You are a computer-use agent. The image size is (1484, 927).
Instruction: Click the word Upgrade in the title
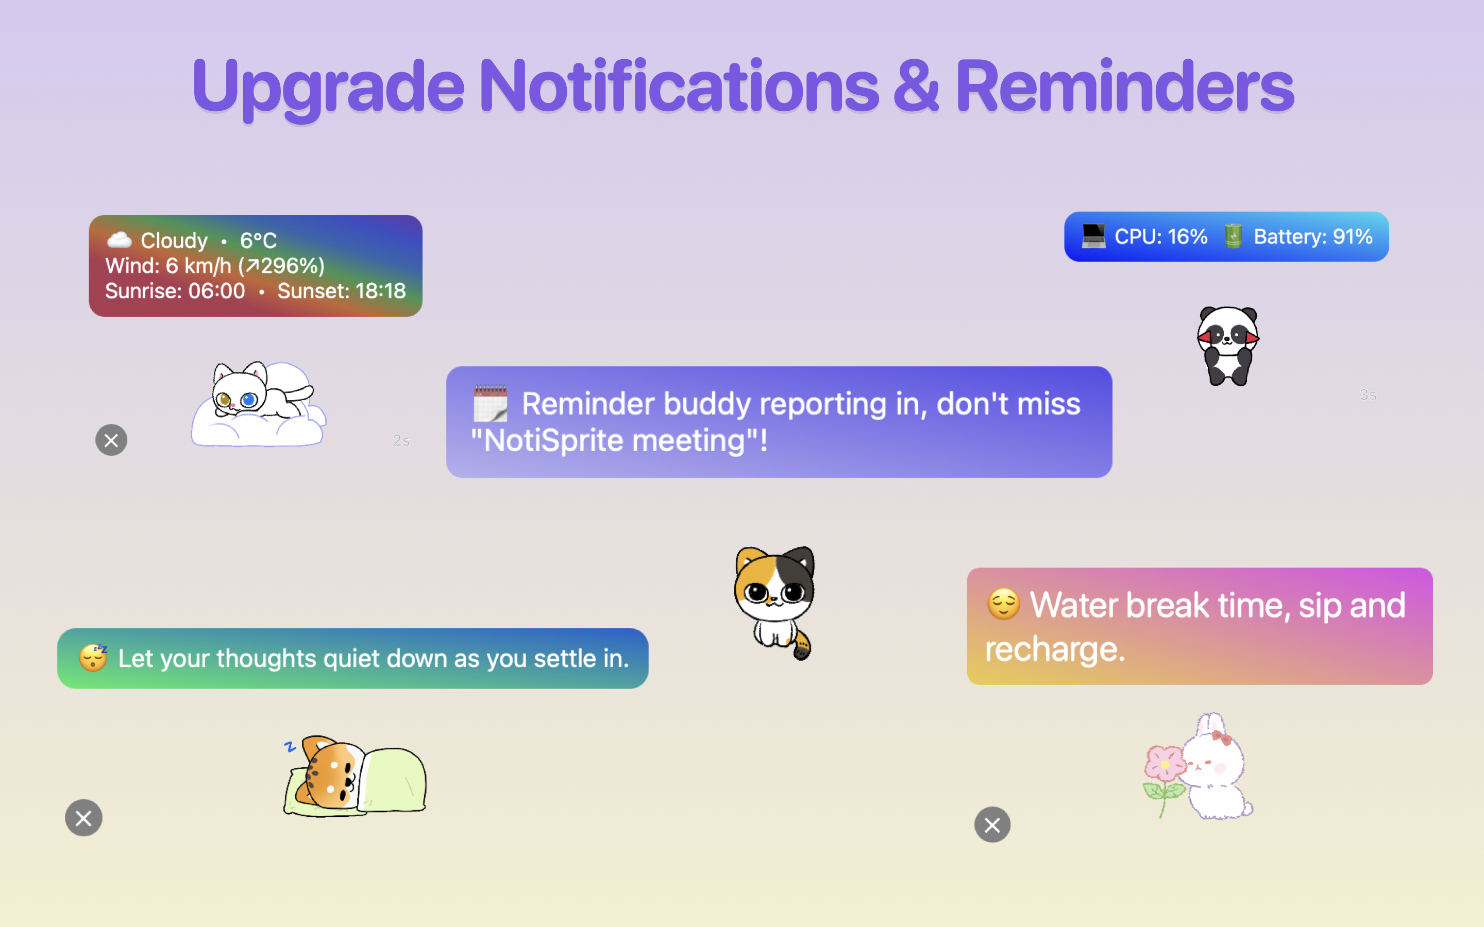coord(328,90)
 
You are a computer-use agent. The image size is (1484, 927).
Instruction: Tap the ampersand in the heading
coord(916,87)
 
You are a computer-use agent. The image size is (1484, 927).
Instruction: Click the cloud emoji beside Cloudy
coord(119,239)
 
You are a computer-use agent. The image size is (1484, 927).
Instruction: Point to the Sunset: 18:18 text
coord(342,290)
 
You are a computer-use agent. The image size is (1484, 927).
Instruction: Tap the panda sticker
coord(1228,346)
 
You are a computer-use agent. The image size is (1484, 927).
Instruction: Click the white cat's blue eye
coord(249,400)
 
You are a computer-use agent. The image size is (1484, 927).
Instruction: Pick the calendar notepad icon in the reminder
coord(490,403)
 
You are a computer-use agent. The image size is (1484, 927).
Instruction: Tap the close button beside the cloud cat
coord(111,440)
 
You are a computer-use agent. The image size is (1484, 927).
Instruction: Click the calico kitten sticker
coord(775,603)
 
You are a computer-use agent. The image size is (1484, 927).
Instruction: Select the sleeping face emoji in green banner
coord(93,658)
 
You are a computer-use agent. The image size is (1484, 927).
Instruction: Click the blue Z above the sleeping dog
coord(290,746)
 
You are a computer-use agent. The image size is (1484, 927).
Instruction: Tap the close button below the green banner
coord(83,818)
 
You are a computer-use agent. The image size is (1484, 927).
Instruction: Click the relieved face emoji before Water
coord(1003,605)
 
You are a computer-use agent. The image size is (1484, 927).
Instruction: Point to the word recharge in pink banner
coord(1055,649)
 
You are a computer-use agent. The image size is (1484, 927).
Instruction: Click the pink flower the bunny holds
coord(1165,764)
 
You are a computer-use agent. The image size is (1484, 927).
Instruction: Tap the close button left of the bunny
coord(992,825)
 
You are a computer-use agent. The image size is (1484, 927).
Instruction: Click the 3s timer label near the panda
coord(1368,395)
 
